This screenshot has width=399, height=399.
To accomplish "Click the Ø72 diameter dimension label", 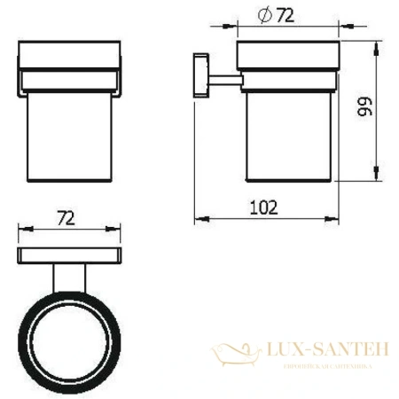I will (277, 15).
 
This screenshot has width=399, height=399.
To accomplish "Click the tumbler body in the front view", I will (67, 133).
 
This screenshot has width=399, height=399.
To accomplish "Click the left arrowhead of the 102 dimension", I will (198, 217).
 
